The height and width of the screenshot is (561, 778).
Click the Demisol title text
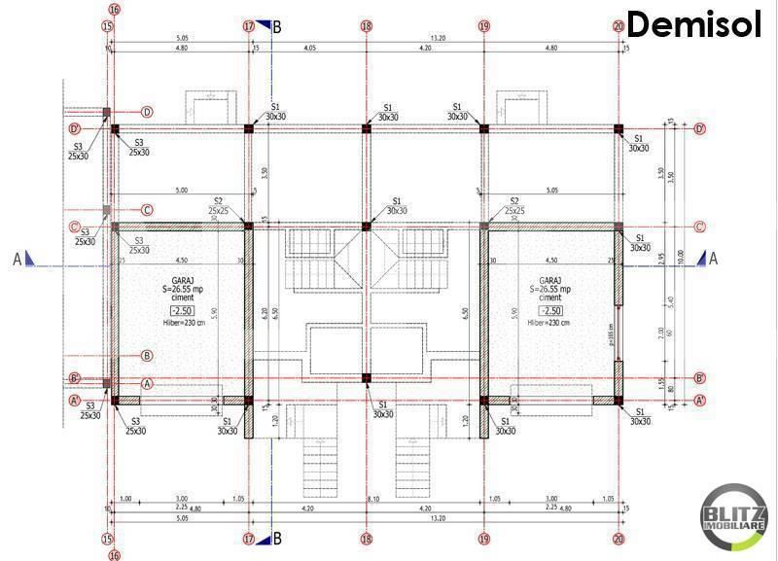(692, 23)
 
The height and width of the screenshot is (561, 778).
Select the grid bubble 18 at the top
(367, 27)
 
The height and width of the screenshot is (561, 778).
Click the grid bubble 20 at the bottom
(619, 538)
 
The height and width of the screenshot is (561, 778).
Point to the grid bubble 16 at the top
(114, 10)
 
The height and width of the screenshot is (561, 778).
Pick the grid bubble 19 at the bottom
(483, 538)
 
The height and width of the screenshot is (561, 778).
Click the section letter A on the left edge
(17, 259)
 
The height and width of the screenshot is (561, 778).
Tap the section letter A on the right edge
(714, 259)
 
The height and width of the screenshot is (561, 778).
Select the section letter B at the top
(277, 27)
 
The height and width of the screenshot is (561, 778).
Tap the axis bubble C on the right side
(699, 227)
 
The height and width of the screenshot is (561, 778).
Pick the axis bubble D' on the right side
(699, 128)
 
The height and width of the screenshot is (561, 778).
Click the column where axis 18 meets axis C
(367, 227)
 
